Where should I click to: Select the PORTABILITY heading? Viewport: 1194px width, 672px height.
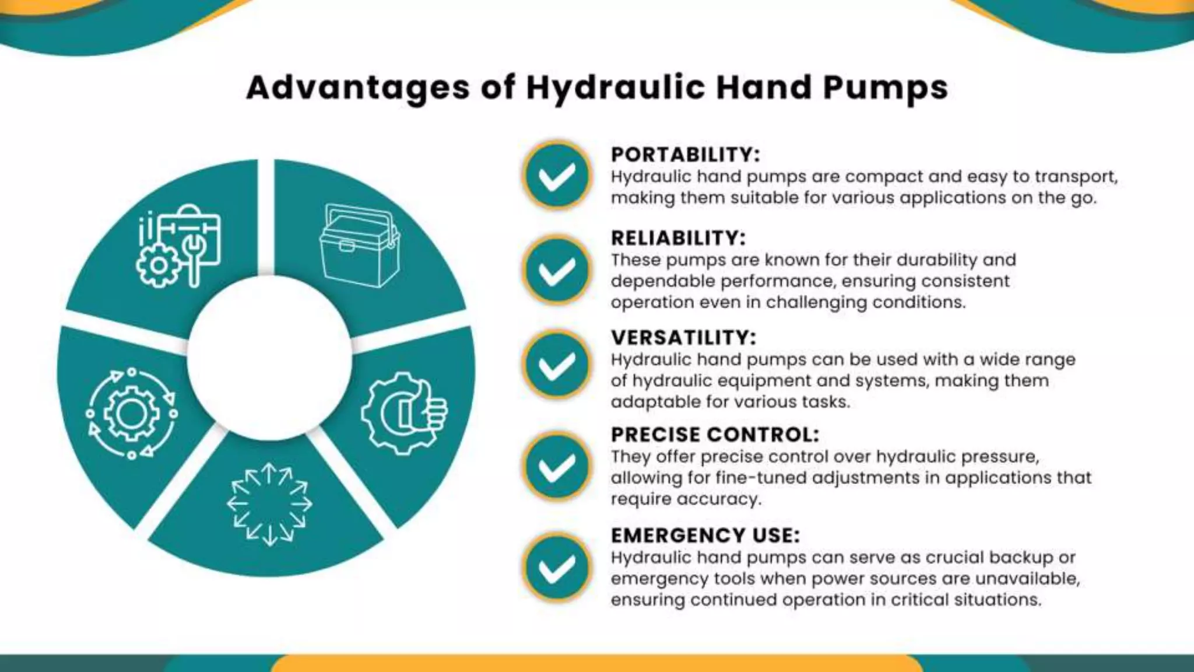[685, 155]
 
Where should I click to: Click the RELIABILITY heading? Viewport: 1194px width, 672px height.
[678, 238]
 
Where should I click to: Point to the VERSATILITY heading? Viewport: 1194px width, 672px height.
[683, 338]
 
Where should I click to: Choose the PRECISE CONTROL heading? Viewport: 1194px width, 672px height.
[715, 435]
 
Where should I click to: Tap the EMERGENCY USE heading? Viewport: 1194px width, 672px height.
[705, 535]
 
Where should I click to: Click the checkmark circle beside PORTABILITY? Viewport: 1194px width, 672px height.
[557, 176]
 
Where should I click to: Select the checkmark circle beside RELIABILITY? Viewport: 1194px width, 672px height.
[557, 271]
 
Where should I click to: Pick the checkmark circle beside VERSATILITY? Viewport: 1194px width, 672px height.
[557, 365]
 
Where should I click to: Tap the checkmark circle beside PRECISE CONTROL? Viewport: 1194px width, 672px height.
[557, 466]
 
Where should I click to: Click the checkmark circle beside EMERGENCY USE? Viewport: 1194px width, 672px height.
[557, 568]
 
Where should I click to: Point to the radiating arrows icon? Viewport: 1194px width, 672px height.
[269, 504]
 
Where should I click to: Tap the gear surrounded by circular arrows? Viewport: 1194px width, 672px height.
[132, 413]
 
